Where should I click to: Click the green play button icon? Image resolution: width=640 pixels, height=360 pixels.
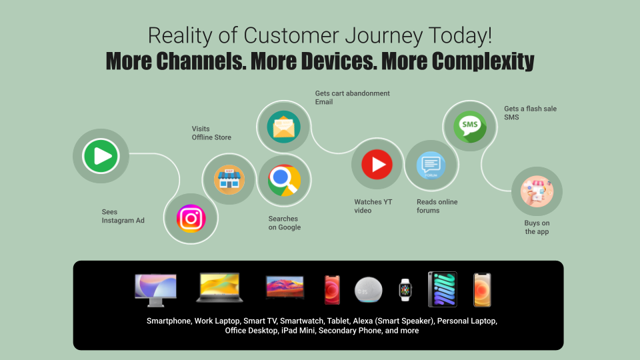click(x=101, y=156)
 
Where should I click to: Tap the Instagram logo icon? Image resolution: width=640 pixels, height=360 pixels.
click(x=191, y=219)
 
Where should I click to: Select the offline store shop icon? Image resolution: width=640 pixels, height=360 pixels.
click(x=229, y=179)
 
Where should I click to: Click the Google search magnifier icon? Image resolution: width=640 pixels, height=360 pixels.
click(x=284, y=180)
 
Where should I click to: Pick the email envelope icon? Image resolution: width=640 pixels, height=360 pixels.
click(x=284, y=127)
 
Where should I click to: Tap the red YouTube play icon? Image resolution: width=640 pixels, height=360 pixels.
click(x=377, y=165)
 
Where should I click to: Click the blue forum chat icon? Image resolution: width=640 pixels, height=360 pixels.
click(x=431, y=165)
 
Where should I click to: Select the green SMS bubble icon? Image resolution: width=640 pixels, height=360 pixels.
click(x=470, y=127)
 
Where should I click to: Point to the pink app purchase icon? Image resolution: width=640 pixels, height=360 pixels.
click(x=537, y=191)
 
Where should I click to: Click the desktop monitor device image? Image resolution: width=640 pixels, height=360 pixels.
click(x=155, y=290)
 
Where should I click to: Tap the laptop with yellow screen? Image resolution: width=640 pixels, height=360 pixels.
click(x=219, y=288)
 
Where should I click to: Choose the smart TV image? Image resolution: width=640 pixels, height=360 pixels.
click(x=285, y=287)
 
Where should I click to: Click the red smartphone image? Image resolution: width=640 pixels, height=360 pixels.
click(x=332, y=290)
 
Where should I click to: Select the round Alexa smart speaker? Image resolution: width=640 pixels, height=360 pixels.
click(x=369, y=290)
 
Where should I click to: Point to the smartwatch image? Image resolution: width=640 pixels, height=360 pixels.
click(x=405, y=290)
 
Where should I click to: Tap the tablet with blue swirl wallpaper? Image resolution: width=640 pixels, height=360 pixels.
click(x=443, y=289)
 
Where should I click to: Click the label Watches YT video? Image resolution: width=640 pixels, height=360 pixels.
click(x=373, y=206)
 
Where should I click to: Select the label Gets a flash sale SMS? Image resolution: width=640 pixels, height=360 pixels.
click(x=530, y=113)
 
